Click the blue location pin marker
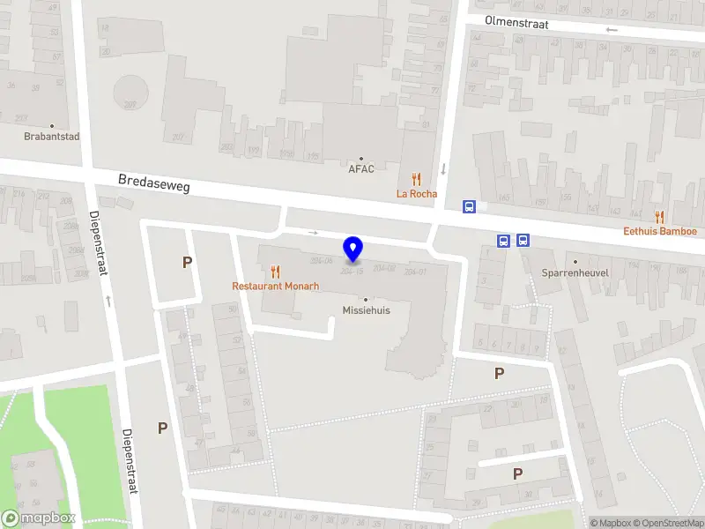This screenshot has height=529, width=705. click(353, 250)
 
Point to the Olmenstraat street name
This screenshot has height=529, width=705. click(516, 23)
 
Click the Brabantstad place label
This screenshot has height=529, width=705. click(52, 137)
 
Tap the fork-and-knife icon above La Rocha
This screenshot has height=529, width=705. click(417, 180)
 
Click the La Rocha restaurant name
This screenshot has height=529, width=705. click(417, 194)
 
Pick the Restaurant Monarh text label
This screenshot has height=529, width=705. click(275, 287)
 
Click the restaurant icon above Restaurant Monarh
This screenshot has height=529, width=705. click(275, 272)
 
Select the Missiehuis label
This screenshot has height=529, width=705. click(367, 310)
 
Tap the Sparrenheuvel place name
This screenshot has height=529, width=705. click(575, 273)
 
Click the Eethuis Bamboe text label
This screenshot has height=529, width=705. click(660, 232)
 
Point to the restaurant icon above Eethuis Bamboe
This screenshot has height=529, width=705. click(659, 217)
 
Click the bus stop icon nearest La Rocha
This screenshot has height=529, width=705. click(470, 206)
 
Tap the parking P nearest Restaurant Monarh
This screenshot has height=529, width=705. click(187, 262)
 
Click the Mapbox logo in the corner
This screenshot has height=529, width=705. click(39, 518)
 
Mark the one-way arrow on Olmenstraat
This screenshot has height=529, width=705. click(612, 30)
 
